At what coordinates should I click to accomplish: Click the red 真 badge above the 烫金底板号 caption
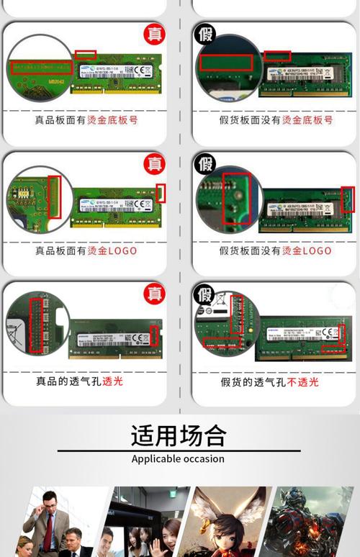[x=154, y=33]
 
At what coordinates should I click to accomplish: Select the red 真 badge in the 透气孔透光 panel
[x=154, y=293]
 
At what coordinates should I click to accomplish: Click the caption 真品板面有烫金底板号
[x=86, y=120]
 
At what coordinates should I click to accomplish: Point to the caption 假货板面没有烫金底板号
[x=276, y=120]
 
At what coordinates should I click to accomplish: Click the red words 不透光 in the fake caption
[x=302, y=381]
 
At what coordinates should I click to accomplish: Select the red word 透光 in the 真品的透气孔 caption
[x=112, y=381]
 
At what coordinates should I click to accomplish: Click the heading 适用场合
[x=178, y=435]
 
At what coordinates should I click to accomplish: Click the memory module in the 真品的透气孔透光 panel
[x=115, y=339]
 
